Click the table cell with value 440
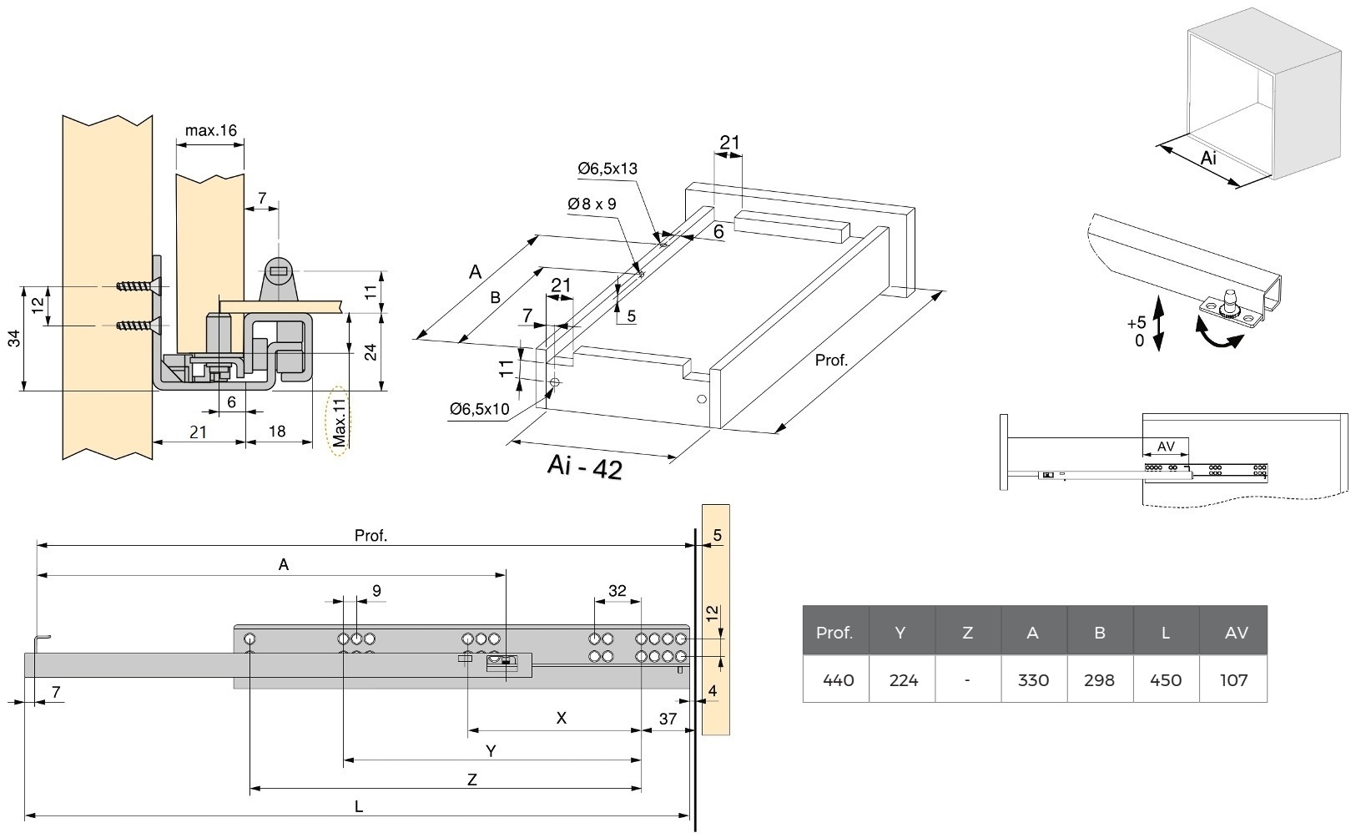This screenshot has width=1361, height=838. (x=837, y=680)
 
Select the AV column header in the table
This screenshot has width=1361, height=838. (x=1235, y=633)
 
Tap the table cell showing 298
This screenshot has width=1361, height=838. (x=1099, y=680)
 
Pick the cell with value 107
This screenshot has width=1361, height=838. (x=1233, y=680)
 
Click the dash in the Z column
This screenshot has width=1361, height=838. (x=966, y=680)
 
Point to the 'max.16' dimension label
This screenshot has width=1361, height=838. (x=211, y=131)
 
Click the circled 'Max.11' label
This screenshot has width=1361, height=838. (x=339, y=424)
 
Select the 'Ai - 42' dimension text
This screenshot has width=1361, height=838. (x=585, y=467)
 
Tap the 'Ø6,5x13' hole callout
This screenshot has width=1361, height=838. (x=607, y=169)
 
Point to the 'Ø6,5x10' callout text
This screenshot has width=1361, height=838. (x=479, y=408)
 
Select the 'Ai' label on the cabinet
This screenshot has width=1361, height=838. (x=1208, y=157)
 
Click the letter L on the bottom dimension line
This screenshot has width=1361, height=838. (x=358, y=806)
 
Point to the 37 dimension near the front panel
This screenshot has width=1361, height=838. (x=668, y=719)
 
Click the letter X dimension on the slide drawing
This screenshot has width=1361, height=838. (x=561, y=718)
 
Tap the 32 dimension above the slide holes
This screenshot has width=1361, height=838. (x=617, y=591)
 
